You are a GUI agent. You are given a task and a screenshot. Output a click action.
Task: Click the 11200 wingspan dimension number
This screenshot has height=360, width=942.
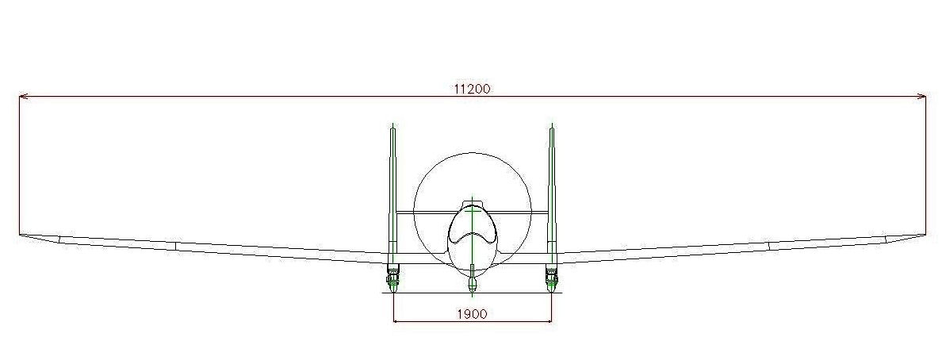coord(472,89)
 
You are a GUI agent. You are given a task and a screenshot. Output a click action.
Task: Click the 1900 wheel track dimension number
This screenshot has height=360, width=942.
coord(473,314)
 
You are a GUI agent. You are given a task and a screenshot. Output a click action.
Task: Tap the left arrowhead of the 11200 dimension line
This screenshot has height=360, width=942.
coord(24,96)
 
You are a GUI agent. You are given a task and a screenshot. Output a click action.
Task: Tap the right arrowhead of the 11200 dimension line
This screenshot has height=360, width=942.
coord(921,96)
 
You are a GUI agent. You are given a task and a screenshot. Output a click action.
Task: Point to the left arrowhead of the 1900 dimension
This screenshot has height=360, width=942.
coord(396,321)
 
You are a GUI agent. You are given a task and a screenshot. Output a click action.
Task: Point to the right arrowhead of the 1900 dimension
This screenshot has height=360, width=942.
coord(548,321)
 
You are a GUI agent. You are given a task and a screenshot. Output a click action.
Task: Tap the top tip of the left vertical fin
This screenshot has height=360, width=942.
coord(392,124)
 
